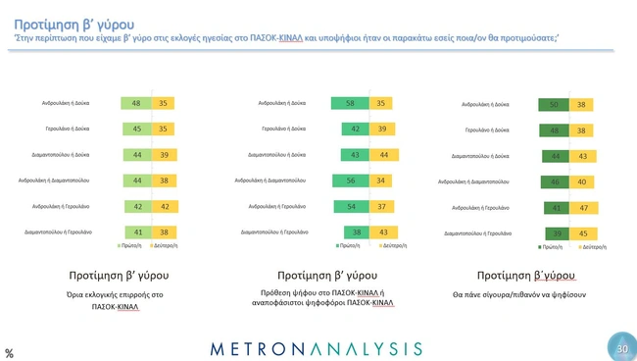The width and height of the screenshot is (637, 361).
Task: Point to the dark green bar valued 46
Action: tap(555, 181)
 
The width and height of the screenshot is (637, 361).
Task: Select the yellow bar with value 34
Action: tap(378, 180)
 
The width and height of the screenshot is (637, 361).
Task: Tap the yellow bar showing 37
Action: tap(378, 206)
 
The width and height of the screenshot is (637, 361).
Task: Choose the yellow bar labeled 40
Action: tap(582, 181)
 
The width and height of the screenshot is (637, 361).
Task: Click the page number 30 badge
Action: tap(620, 347)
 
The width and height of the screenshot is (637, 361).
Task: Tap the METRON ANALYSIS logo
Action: tap(317, 348)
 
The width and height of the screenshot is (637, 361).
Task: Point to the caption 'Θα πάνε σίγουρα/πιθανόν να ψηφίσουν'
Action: tap(523, 294)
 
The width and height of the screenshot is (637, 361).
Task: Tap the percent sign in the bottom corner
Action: tap(9, 352)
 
